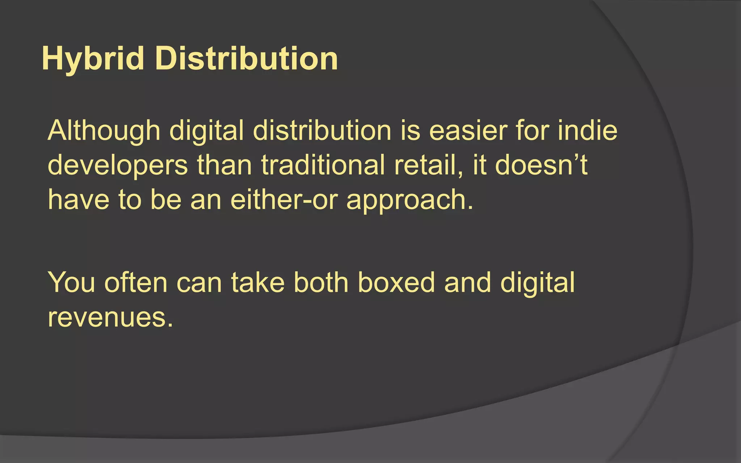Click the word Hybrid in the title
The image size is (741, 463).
(x=93, y=59)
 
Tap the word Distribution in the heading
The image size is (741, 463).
(x=246, y=59)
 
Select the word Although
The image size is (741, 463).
(x=104, y=131)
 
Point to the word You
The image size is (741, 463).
(x=71, y=282)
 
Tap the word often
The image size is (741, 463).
(x=136, y=282)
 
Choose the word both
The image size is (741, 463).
(x=321, y=282)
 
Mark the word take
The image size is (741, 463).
(x=258, y=282)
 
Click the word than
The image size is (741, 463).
(x=224, y=165)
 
